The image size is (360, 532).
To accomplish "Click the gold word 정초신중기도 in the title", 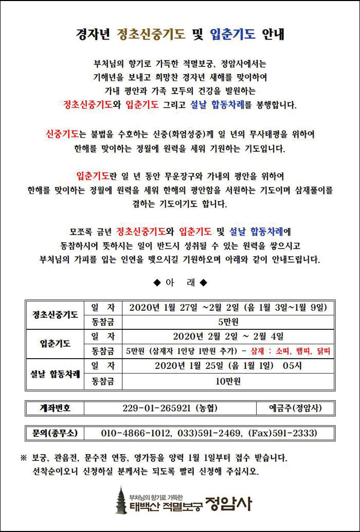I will point(151,34).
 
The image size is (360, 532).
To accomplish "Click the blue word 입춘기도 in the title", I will point(232,34).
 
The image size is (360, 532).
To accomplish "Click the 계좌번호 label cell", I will point(55,408).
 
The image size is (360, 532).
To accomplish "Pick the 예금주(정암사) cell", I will point(295,408).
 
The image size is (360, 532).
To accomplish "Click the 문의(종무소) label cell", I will point(55,433).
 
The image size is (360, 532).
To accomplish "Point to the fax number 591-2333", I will point(296,433).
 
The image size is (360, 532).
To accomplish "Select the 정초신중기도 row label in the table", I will point(55,315).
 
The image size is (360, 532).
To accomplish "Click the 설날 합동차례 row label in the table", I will point(55,374).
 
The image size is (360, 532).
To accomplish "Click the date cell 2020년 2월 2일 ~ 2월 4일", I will point(228,337).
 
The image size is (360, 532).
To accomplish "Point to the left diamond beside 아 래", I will point(157,282).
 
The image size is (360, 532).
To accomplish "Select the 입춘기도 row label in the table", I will point(55,344).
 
